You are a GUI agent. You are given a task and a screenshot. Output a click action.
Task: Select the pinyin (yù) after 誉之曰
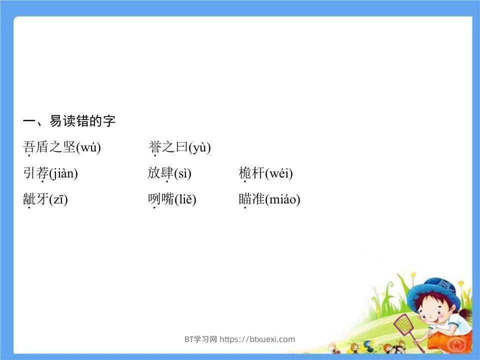(x=199, y=147)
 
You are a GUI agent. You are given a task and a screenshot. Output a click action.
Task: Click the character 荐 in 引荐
(x=42, y=173)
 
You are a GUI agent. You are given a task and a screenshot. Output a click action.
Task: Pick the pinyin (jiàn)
(x=63, y=174)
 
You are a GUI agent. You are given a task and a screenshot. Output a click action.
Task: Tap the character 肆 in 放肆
(x=167, y=173)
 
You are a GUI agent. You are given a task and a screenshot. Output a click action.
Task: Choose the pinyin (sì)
(x=182, y=174)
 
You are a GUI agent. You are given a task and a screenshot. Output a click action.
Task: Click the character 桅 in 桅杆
(x=245, y=173)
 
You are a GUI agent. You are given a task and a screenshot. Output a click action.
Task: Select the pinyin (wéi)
(x=279, y=174)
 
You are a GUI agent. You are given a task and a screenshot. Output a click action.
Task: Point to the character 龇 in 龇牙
(x=29, y=199)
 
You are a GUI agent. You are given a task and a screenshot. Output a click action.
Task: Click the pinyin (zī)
(x=58, y=200)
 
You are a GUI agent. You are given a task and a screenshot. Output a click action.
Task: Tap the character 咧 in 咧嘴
(x=154, y=199)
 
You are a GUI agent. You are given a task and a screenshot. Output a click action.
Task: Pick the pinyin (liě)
(x=185, y=200)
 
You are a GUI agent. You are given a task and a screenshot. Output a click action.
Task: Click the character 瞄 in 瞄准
(x=245, y=199)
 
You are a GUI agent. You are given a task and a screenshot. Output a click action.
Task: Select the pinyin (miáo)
(x=282, y=200)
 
